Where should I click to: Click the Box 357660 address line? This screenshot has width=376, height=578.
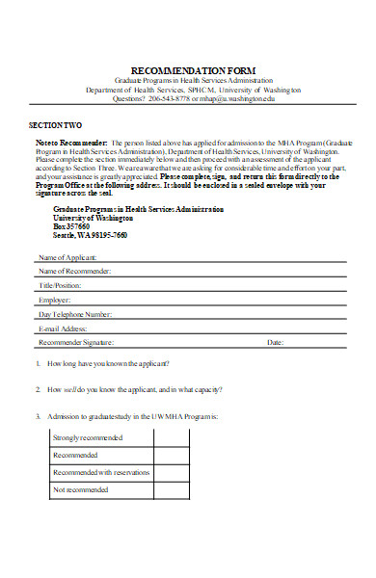pyautogui.click(x=72, y=226)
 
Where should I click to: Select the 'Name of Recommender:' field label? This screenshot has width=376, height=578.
pyautogui.click(x=74, y=272)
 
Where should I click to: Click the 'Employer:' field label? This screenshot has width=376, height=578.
pyautogui.click(x=55, y=300)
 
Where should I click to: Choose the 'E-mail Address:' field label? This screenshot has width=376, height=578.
pyautogui.click(x=65, y=328)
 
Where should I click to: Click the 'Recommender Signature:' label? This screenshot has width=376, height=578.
pyautogui.click(x=76, y=342)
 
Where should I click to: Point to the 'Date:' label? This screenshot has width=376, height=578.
pyautogui.click(x=275, y=342)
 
